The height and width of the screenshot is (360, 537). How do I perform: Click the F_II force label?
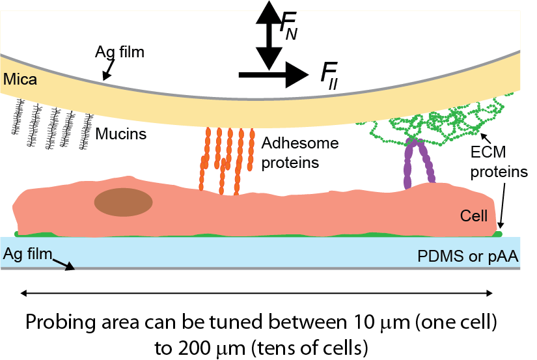pos(331,74)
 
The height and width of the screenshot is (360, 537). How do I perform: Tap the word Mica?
pos(20,80)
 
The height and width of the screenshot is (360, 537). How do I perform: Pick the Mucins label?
pos(121,135)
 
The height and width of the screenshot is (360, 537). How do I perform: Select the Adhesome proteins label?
pos(291,152)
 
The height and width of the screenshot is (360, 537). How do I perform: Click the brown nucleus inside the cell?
pos(124,202)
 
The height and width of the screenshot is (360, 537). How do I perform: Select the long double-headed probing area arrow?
pos(258,294)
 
